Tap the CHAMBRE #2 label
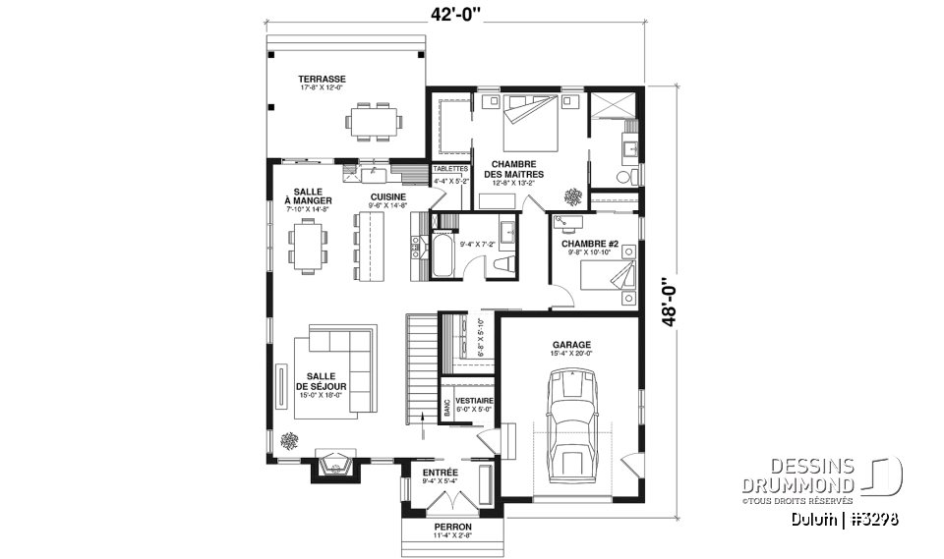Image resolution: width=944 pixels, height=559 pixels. pos(589,244)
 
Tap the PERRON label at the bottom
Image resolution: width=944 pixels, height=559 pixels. pos(452,527)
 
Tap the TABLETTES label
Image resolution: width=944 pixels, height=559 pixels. pos(451,169)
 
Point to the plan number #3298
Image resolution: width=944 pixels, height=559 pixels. pos(871,518)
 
